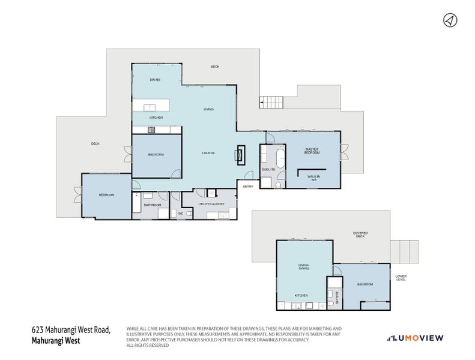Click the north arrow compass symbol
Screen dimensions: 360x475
click(x=449, y=20)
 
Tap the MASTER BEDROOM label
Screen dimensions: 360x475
click(x=311, y=151)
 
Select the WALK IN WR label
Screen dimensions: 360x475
click(x=313, y=178)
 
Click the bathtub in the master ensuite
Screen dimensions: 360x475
click(x=280, y=160)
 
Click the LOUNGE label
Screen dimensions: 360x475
click(x=208, y=153)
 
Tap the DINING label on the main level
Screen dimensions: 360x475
click(x=155, y=80)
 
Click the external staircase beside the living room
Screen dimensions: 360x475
click(x=271, y=103)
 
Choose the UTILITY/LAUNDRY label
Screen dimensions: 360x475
click(x=211, y=204)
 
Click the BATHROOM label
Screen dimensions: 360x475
click(x=153, y=205)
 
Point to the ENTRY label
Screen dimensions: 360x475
click(x=247, y=187)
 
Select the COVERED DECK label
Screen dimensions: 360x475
click(x=360, y=235)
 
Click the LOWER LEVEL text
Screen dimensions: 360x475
click(x=401, y=278)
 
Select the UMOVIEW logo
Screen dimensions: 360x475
click(x=415, y=338)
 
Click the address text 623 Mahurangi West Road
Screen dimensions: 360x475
click(x=70, y=329)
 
